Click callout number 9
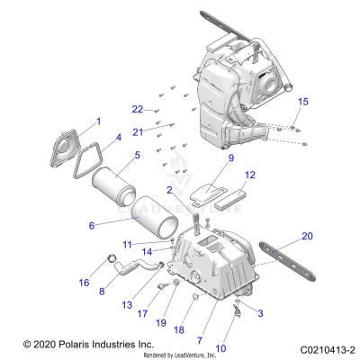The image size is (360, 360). [x=205, y=158]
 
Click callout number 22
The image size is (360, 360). [x=137, y=109]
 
